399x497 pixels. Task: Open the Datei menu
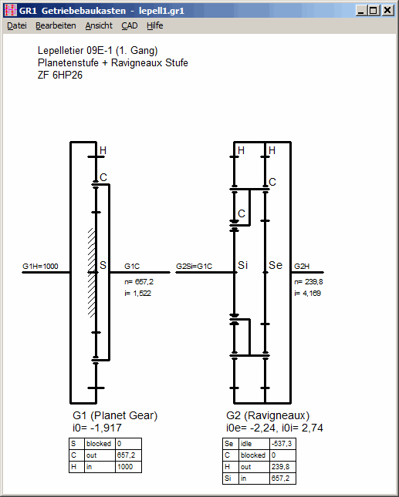point(17,25)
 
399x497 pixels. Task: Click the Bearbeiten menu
point(56,25)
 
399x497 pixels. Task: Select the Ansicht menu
point(99,25)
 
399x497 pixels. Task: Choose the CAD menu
point(130,25)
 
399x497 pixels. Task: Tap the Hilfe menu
point(155,25)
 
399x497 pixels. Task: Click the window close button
point(387,11)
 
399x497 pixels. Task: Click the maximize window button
point(374,11)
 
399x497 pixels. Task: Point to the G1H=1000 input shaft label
point(40,267)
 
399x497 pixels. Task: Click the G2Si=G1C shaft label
point(194,267)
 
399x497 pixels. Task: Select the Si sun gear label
point(243,265)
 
